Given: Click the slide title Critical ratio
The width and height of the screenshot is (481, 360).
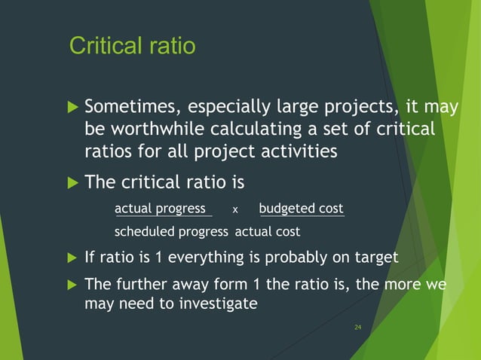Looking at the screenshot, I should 132,46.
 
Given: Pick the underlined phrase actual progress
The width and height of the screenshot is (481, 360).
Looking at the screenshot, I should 160,209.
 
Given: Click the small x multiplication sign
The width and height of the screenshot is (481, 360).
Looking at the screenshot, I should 234,210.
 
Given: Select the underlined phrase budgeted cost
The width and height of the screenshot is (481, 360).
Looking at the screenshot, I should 301,209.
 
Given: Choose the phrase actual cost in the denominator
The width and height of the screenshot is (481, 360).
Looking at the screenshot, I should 268,231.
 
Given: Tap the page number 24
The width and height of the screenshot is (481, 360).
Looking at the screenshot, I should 358,328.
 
